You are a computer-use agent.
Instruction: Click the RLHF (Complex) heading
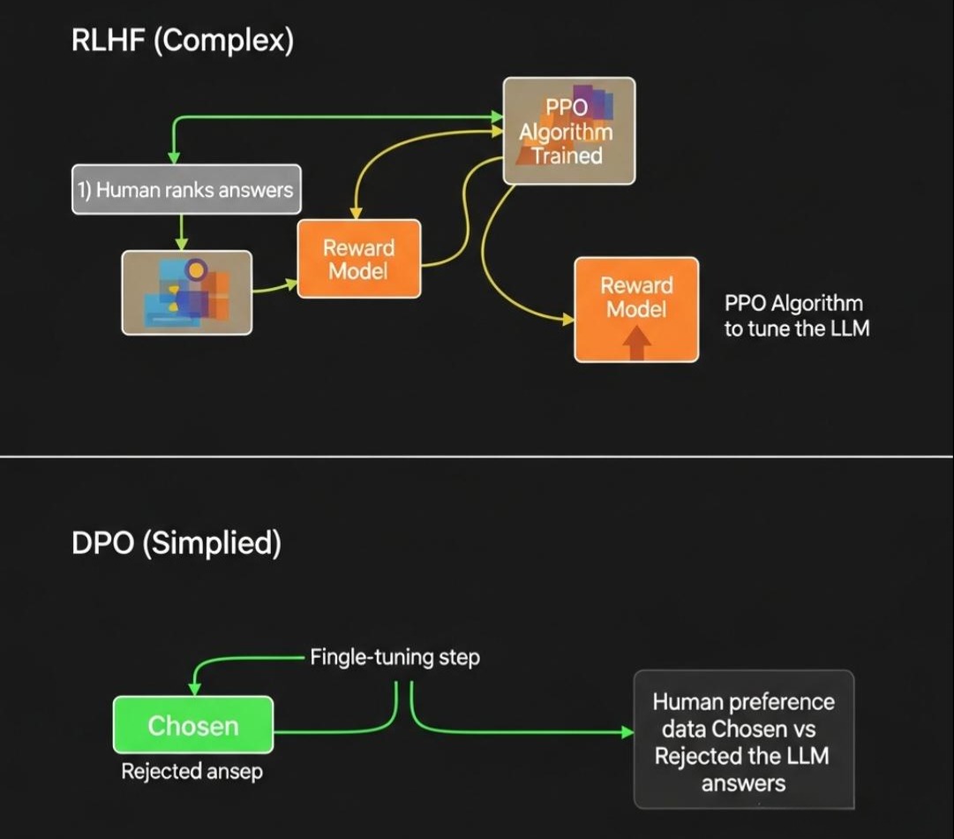coord(182,42)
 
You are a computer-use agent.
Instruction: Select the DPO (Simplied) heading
coord(176,543)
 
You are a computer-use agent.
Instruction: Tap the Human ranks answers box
coord(186,189)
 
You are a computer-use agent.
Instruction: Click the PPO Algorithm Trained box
coord(568,131)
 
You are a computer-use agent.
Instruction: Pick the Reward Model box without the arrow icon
coord(358,259)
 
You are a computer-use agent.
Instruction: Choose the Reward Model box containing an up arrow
coord(636,309)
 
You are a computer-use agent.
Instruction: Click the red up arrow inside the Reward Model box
coord(636,343)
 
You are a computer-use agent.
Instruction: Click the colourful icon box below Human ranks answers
coord(186,292)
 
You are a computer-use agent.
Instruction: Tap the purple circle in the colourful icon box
coord(197,268)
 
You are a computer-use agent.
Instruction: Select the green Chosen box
coord(192,725)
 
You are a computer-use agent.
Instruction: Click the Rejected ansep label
coord(192,771)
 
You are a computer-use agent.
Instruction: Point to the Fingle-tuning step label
coord(394,658)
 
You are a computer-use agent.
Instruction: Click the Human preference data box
coord(743,740)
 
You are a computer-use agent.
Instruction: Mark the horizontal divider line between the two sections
coord(477,457)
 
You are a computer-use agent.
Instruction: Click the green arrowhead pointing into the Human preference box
coord(627,731)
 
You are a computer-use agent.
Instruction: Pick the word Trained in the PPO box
coord(567,156)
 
